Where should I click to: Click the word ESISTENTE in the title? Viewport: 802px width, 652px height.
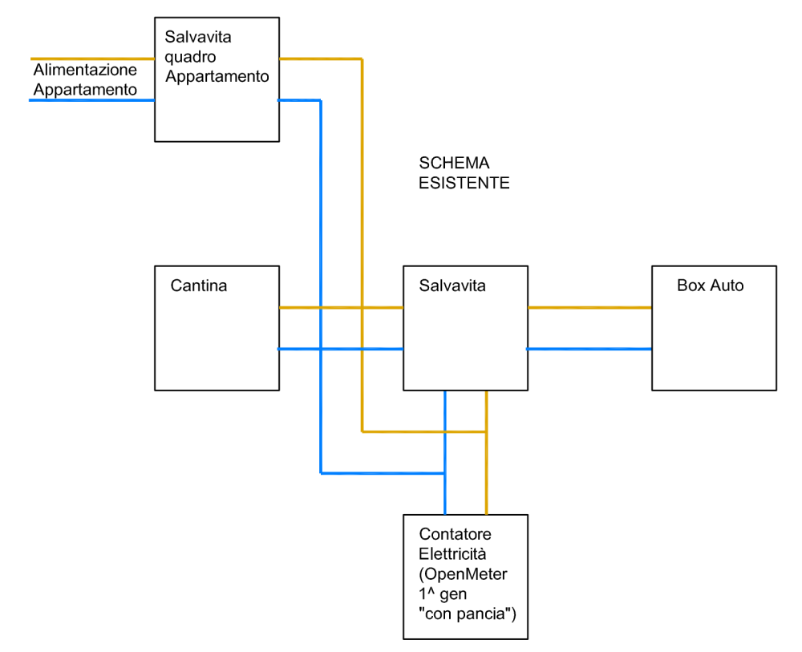464,183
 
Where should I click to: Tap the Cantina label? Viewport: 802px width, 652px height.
199,286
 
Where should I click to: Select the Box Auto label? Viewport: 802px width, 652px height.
710,286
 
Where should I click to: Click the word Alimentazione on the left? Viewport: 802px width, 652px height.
85,71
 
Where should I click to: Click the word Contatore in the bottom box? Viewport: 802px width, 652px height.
455,534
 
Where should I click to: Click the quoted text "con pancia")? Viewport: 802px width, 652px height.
465,614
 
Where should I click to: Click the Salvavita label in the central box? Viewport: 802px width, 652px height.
452,286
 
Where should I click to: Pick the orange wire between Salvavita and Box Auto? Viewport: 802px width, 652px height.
589,307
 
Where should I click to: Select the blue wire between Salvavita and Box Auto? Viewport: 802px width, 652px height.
589,349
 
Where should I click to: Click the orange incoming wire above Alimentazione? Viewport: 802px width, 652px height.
92,59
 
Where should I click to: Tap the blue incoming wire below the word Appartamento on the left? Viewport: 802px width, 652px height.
92,100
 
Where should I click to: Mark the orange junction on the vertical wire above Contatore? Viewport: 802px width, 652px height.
486,431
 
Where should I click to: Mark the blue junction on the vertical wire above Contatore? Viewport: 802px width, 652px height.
444,473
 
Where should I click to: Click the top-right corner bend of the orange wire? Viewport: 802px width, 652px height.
362,59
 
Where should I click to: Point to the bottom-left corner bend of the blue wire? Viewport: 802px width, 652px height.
321,473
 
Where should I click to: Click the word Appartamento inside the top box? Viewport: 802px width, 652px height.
217,77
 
